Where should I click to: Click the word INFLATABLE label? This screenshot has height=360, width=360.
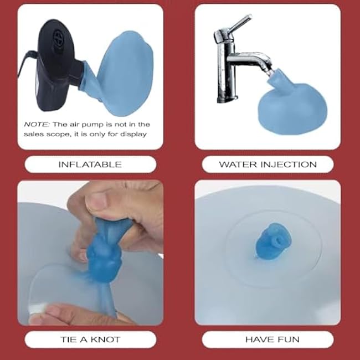coord(90,164)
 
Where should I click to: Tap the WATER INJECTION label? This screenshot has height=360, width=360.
coord(268,164)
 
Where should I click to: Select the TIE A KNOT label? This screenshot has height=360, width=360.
coord(90,340)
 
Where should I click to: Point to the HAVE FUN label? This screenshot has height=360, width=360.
coord(272,340)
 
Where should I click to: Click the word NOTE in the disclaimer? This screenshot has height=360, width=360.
coord(37,125)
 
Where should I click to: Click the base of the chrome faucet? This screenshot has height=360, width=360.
coord(227,99)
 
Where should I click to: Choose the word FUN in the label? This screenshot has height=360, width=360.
coord(289,340)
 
